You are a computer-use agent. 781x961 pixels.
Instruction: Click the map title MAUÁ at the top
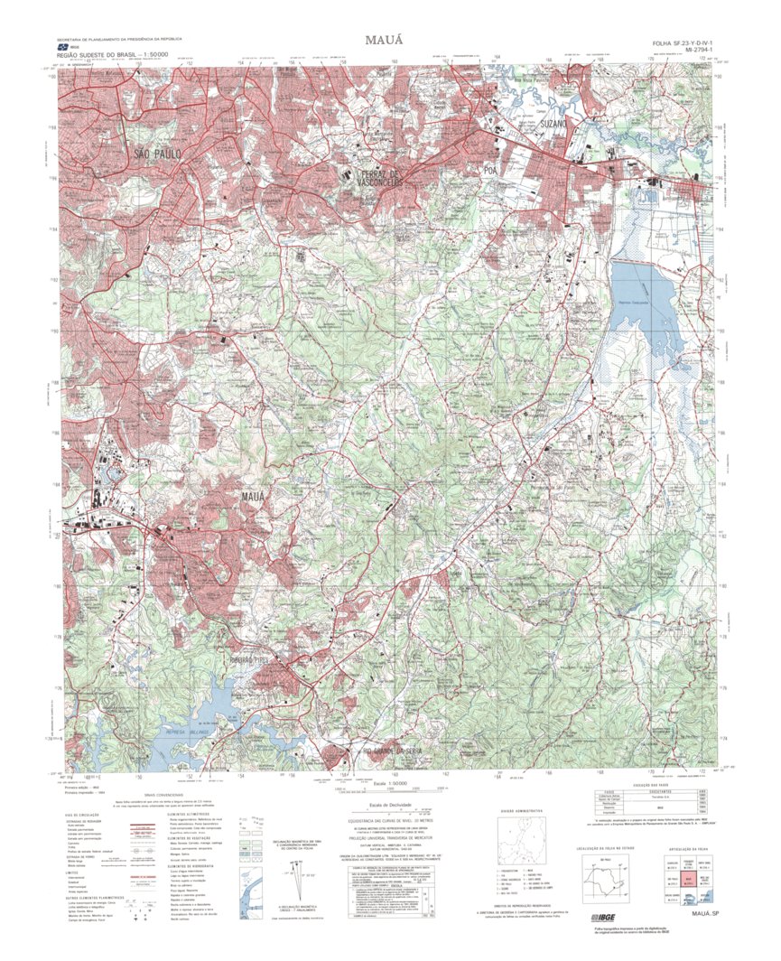(x=389, y=41)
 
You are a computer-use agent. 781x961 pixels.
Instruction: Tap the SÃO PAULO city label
(x=159, y=154)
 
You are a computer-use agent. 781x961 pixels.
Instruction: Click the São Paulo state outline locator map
(x=614, y=875)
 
